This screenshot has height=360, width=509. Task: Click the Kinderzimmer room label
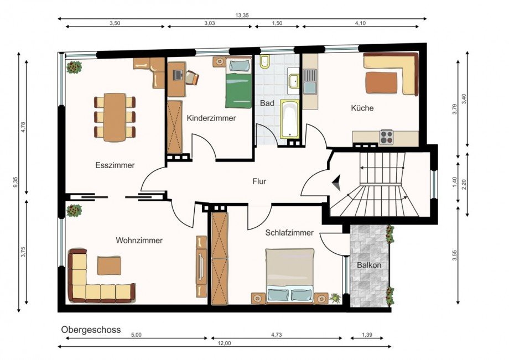(211, 118)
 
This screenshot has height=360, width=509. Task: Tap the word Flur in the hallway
(259, 181)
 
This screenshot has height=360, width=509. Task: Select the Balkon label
(369, 265)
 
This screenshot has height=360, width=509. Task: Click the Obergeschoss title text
(91, 330)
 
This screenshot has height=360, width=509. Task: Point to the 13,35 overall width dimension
(242, 15)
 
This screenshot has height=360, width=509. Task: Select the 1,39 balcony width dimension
(367, 335)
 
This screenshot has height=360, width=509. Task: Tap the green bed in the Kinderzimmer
(238, 83)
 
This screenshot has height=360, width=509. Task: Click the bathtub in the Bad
(289, 119)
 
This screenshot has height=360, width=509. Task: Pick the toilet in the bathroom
(265, 61)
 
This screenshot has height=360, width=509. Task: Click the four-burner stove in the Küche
(387, 137)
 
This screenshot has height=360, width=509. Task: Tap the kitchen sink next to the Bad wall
(310, 82)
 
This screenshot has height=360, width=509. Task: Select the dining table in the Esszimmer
(115, 117)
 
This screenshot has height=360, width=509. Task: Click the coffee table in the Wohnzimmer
(110, 265)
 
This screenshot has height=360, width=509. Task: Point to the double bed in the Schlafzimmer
(289, 276)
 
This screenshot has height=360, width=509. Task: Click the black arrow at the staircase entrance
(337, 182)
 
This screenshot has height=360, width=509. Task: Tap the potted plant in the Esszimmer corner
(74, 67)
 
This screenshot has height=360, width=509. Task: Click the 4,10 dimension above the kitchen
(360, 23)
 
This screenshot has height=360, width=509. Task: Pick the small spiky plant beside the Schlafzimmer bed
(335, 298)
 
